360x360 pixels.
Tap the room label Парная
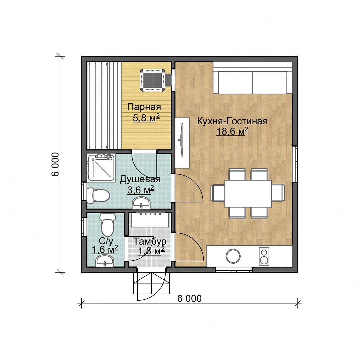[x=144, y=107]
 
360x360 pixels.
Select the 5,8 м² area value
[x=146, y=118]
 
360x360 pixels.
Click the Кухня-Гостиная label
[x=232, y=121]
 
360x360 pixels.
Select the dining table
[x=248, y=194]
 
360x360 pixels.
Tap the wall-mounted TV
[x=182, y=140]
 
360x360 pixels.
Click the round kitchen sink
[x=233, y=256]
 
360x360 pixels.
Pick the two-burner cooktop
[x=264, y=256]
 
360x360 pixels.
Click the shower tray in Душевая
[x=101, y=167]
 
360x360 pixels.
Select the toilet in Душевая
[x=98, y=195]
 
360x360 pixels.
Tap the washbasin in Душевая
[x=141, y=203]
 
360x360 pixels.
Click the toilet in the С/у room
[x=107, y=225]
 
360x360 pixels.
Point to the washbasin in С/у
[x=104, y=261]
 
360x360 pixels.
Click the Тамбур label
[x=150, y=241]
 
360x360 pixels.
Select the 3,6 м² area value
[x=141, y=190]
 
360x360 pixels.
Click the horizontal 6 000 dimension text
[x=189, y=298]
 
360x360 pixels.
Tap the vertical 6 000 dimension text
[x=55, y=164]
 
